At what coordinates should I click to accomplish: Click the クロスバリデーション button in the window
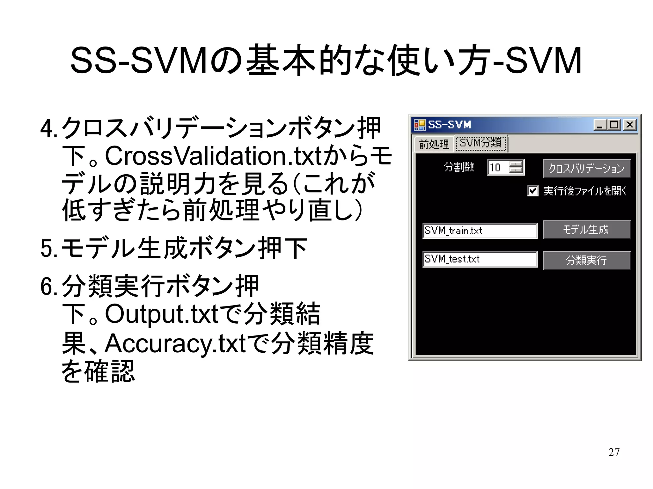pyautogui.click(x=586, y=169)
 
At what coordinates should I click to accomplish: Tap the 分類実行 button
pyautogui.click(x=586, y=261)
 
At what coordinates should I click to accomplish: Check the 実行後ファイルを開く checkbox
pyautogui.click(x=533, y=191)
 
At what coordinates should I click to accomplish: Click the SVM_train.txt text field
pyautogui.click(x=480, y=231)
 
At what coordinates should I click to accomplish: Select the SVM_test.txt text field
pyautogui.click(x=480, y=259)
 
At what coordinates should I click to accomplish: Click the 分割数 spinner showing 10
pyautogui.click(x=499, y=168)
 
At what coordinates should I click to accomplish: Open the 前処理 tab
pyautogui.click(x=434, y=144)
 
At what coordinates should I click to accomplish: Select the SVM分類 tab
pyautogui.click(x=481, y=143)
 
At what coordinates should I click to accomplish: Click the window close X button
pyautogui.click(x=630, y=125)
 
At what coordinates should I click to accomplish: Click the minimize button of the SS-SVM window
pyautogui.click(x=600, y=125)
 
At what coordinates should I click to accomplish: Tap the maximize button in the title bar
pyautogui.click(x=614, y=125)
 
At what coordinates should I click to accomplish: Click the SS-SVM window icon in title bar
pyautogui.click(x=420, y=125)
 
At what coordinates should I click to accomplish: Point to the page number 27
pyautogui.click(x=613, y=452)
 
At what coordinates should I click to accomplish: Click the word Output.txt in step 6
pyautogui.click(x=161, y=314)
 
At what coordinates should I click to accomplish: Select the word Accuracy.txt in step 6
pyautogui.click(x=175, y=343)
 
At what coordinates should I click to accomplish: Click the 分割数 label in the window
pyautogui.click(x=459, y=167)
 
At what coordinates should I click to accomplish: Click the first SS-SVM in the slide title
pyautogui.click(x=139, y=61)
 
